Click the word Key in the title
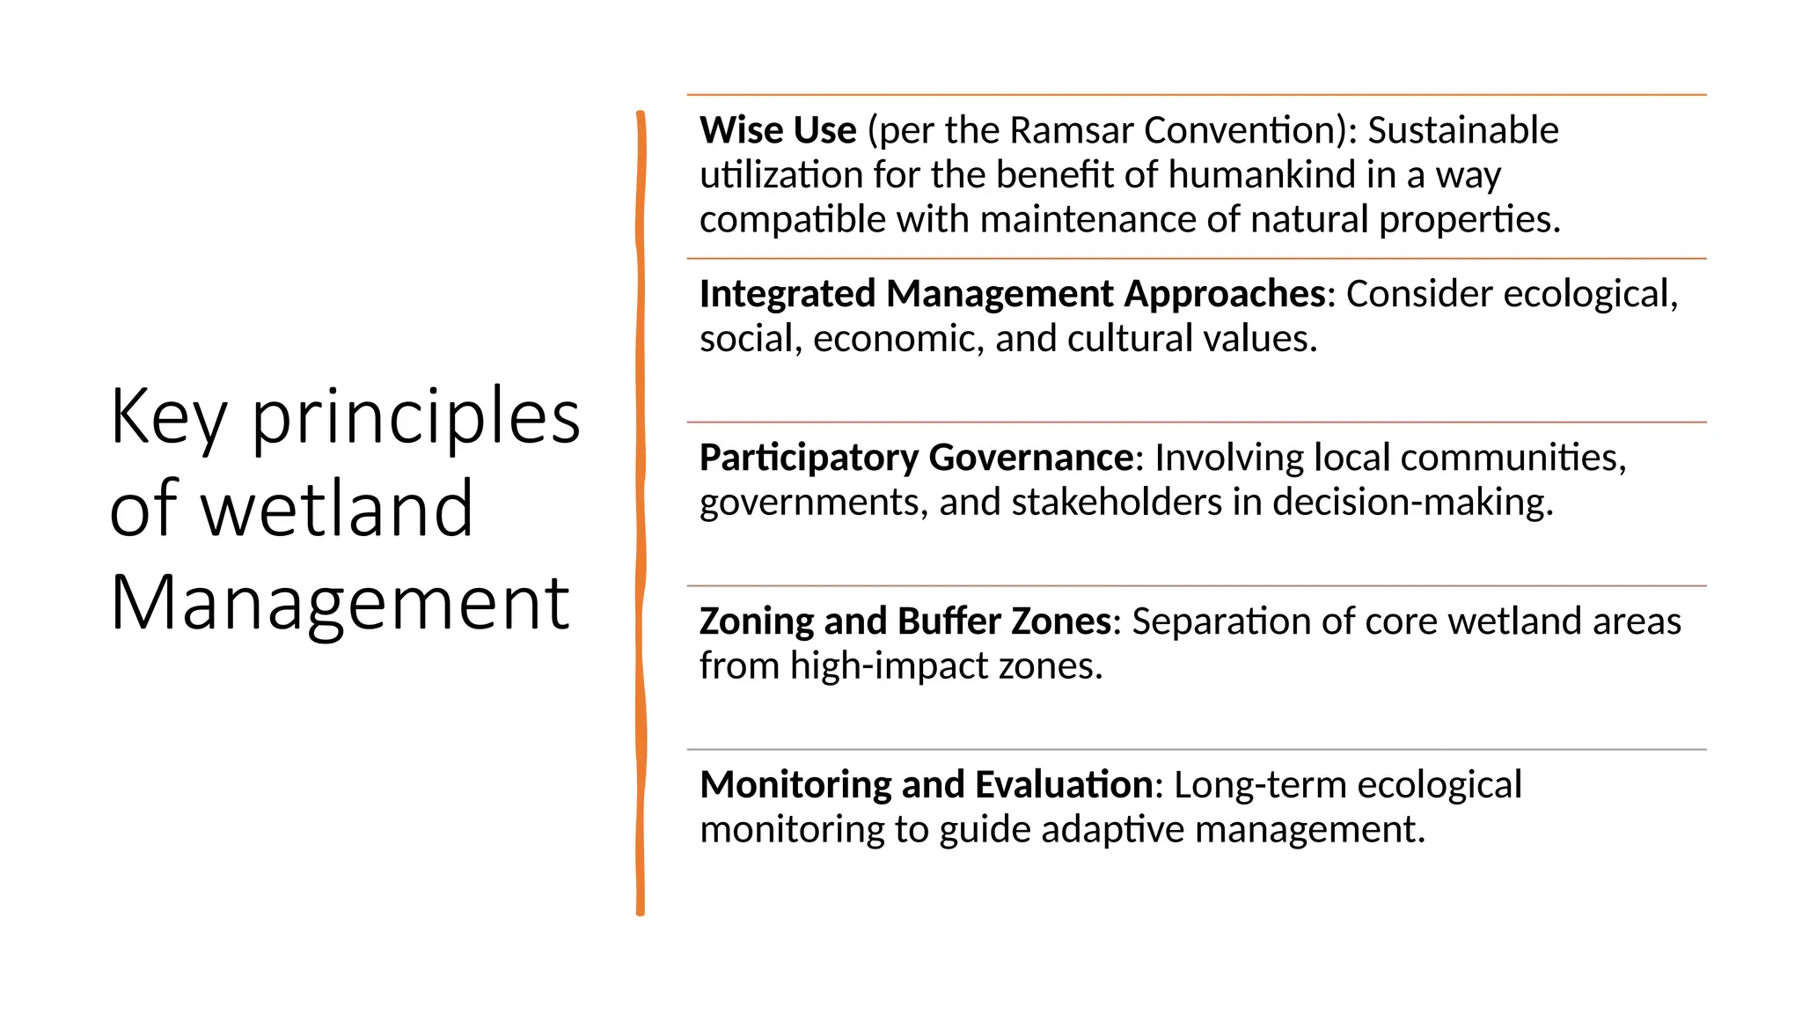pyautogui.click(x=168, y=417)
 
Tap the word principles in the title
pyautogui.click(x=415, y=417)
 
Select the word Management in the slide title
pyautogui.click(x=340, y=604)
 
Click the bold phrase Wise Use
pyautogui.click(x=778, y=130)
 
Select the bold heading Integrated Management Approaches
pyautogui.click(x=1013, y=294)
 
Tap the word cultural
pyautogui.click(x=1123, y=339)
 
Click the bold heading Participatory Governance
pyautogui.click(x=916, y=458)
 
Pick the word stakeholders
pyautogui.click(x=1117, y=503)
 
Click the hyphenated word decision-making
pyautogui.click(x=1412, y=503)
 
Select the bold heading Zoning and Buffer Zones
pyautogui.click(x=905, y=621)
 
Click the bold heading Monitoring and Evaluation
pyautogui.click(x=927, y=785)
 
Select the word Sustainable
pyautogui.click(x=1462, y=130)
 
